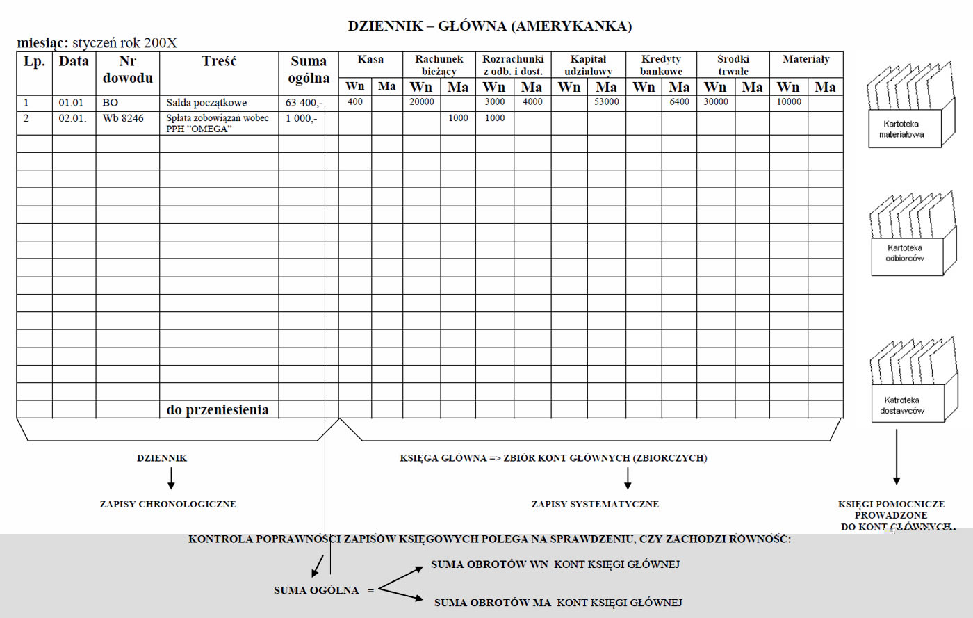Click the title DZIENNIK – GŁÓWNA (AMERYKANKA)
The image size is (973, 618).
click(x=489, y=26)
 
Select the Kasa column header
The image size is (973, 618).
click(x=370, y=60)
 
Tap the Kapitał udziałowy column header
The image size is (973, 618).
click(x=588, y=65)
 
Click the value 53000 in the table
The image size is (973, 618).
click(x=606, y=102)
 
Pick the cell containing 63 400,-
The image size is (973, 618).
click(x=304, y=103)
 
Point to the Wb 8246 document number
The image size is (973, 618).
click(x=123, y=118)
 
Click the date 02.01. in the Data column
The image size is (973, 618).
click(x=72, y=118)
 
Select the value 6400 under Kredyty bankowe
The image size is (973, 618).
click(x=679, y=102)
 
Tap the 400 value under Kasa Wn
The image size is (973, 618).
click(x=354, y=102)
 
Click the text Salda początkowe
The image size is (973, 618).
click(x=206, y=103)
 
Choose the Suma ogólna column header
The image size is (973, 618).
click(x=309, y=70)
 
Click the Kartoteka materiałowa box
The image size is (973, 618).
click(x=901, y=129)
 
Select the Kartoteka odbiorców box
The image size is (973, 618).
click(x=905, y=253)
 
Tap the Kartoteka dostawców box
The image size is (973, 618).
click(x=902, y=405)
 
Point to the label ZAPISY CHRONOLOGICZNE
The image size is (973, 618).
click(x=167, y=504)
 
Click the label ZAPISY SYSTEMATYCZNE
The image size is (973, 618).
click(x=595, y=504)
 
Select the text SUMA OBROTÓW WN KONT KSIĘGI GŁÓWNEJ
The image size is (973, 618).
click(x=555, y=564)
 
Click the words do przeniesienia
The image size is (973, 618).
click(x=218, y=409)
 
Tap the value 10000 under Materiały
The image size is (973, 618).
click(x=789, y=102)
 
